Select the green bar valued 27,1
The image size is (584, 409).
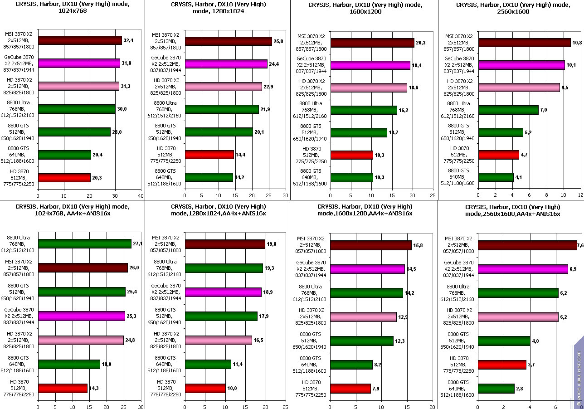point(85,244)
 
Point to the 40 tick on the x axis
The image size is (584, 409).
point(141,196)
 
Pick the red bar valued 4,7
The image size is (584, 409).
point(499,155)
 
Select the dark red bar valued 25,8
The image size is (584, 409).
point(228,41)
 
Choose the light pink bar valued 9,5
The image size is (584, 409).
point(519,88)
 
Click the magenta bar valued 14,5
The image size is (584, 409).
point(367,269)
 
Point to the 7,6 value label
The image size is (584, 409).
point(580,245)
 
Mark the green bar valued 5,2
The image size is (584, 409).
point(501,132)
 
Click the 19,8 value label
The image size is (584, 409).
point(271,244)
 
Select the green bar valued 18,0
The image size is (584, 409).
point(69,364)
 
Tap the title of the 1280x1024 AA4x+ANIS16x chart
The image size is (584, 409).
point(218,210)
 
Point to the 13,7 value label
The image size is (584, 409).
point(393,132)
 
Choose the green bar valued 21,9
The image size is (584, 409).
point(222,109)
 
